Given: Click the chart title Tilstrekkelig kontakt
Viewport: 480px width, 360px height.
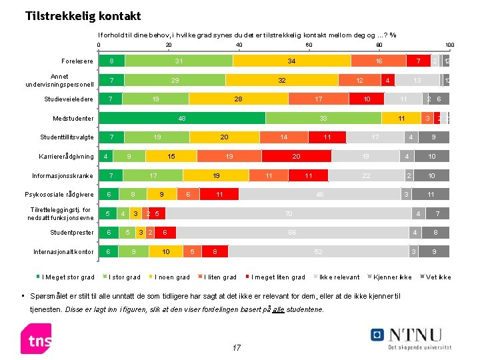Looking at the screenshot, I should [x=83, y=15].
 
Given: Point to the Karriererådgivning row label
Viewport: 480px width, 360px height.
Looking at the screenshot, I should [x=63, y=157].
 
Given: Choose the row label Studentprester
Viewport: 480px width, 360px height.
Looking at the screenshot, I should [x=72, y=233].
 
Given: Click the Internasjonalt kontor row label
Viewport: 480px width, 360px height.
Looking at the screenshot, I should [x=64, y=252].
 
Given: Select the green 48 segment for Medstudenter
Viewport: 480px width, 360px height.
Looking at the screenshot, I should [x=181, y=119].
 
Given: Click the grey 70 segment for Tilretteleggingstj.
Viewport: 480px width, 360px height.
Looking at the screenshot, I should [x=288, y=214].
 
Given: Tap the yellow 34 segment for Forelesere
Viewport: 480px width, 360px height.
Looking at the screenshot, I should [x=292, y=61].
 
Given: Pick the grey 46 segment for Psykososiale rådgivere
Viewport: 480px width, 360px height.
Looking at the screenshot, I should [x=321, y=195].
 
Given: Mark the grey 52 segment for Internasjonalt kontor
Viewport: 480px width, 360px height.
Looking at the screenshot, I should [x=318, y=252].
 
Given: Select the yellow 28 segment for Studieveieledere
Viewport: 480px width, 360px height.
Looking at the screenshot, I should [x=239, y=99].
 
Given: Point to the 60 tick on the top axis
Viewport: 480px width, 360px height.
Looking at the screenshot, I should [x=309, y=45].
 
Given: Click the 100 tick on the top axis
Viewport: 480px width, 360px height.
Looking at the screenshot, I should [x=449, y=45].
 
